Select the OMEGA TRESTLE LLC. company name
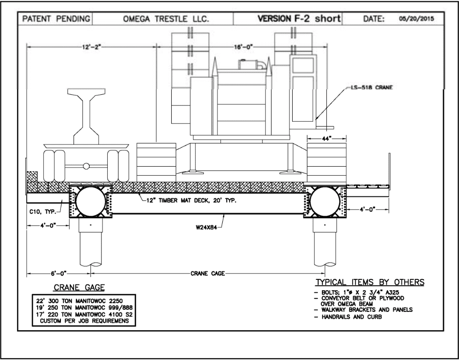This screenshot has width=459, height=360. (166, 19)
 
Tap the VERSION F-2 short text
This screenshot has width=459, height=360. (299, 18)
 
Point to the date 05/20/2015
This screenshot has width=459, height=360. (417, 19)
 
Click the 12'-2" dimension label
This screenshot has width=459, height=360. (92, 47)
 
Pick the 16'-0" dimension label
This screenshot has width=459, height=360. (243, 47)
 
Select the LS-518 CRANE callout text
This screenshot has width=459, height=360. (372, 87)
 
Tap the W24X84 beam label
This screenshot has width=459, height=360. (207, 227)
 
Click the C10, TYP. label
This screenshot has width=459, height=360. (43, 212)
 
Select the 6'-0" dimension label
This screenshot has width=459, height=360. (59, 273)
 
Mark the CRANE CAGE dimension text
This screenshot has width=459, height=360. (207, 273)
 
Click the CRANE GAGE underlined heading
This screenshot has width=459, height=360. (79, 288)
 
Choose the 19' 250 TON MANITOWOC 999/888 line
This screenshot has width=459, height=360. (84, 308)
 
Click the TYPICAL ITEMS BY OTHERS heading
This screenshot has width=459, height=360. (370, 282)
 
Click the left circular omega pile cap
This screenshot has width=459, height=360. (91, 201)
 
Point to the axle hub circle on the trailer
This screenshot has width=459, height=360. (86, 166)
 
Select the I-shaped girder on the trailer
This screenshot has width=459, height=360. (87, 116)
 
